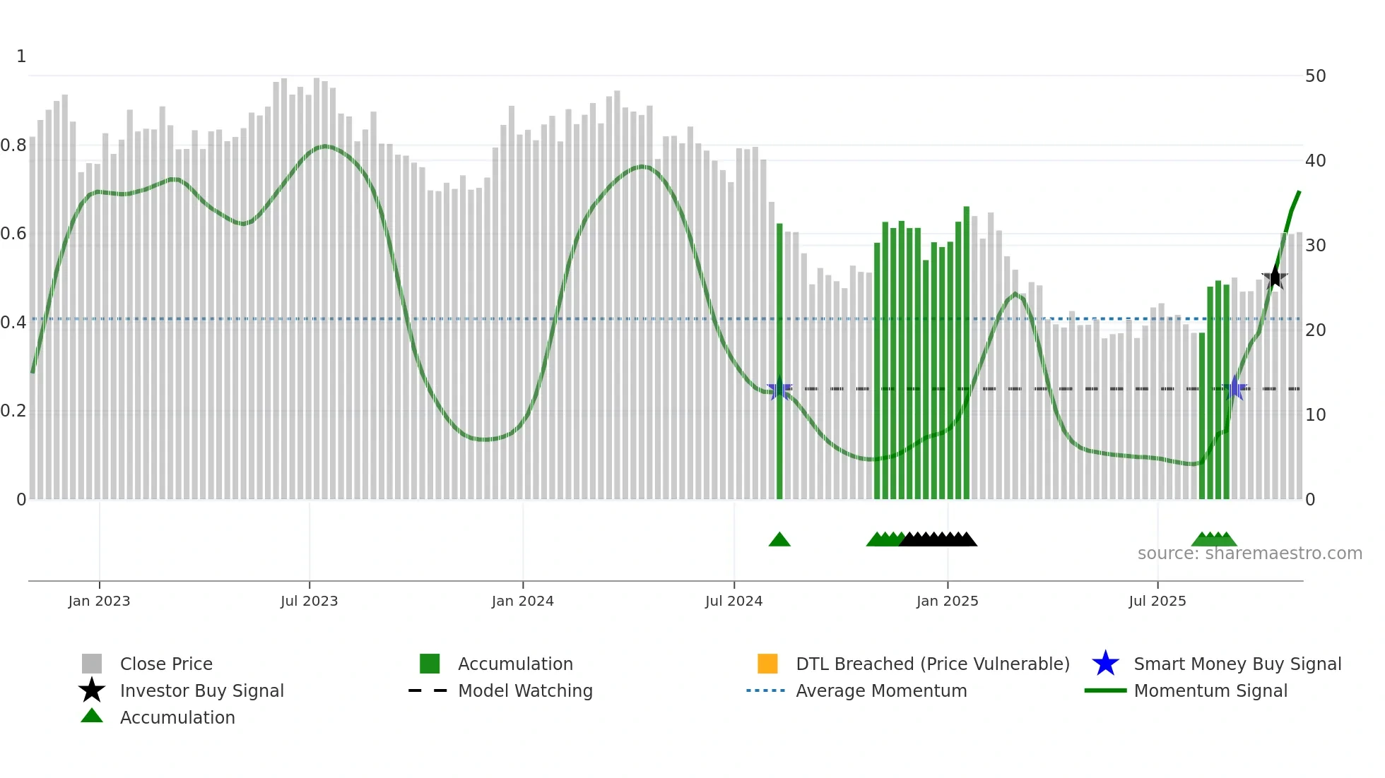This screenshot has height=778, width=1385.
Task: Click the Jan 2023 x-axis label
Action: tap(99, 601)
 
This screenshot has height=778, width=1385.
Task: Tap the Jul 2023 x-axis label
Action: tap(309, 601)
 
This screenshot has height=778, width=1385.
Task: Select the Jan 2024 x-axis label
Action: tap(522, 601)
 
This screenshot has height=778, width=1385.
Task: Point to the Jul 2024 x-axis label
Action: tap(733, 601)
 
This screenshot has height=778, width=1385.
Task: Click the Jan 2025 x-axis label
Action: tap(947, 601)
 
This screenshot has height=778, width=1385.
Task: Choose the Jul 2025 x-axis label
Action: tap(1157, 601)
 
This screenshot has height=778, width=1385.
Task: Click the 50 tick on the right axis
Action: tap(1315, 76)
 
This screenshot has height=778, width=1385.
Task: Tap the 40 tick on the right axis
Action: tap(1315, 160)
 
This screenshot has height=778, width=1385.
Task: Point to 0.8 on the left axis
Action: tap(13, 145)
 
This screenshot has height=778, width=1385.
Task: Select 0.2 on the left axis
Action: tap(13, 411)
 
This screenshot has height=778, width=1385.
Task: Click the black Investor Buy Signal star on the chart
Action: tap(1275, 277)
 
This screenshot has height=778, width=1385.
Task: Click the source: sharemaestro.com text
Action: tap(1249, 553)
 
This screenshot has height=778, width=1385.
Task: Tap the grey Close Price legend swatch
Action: tap(92, 664)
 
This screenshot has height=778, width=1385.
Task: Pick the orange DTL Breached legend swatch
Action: tap(767, 664)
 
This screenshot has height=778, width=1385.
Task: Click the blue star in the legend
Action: tap(1105, 664)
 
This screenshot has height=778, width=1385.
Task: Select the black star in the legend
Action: tap(92, 690)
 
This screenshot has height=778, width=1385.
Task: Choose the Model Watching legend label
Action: tap(525, 690)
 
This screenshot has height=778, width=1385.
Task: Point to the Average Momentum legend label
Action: tap(881, 690)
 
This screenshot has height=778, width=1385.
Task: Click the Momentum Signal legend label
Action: tap(1210, 690)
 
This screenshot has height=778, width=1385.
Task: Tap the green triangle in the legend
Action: tap(92, 717)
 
